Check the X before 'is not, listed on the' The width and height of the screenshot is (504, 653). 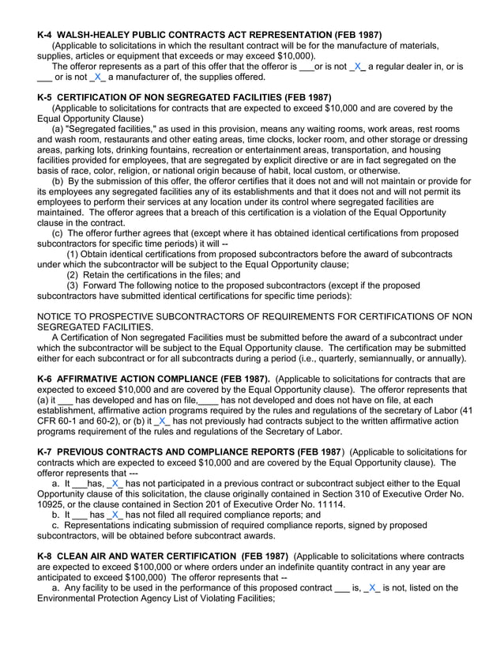[x=373, y=588]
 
